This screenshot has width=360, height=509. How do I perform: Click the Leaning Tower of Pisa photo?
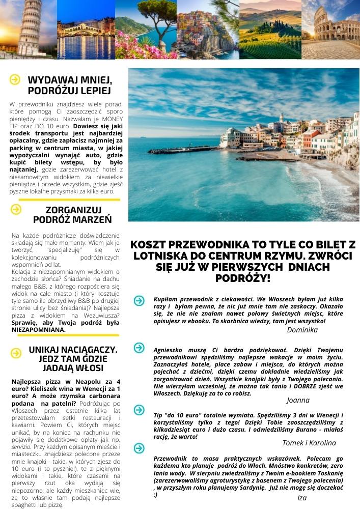click(x=28, y=30)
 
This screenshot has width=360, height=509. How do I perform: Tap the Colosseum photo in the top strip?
click(x=330, y=30)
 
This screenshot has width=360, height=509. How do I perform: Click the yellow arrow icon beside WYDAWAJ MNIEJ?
click(x=15, y=80)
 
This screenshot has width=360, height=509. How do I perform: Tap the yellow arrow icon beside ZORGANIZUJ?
click(x=16, y=209)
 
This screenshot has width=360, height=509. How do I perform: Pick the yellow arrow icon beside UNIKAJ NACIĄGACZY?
click(x=16, y=352)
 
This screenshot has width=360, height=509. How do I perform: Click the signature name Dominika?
click(x=302, y=330)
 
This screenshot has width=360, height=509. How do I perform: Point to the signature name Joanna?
click(x=298, y=400)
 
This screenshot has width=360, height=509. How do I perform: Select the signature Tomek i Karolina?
click(x=309, y=442)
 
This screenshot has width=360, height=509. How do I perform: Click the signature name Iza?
click(x=302, y=497)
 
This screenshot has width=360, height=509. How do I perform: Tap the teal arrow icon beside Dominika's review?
click(x=139, y=301)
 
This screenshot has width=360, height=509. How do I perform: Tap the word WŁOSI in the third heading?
click(x=91, y=368)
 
